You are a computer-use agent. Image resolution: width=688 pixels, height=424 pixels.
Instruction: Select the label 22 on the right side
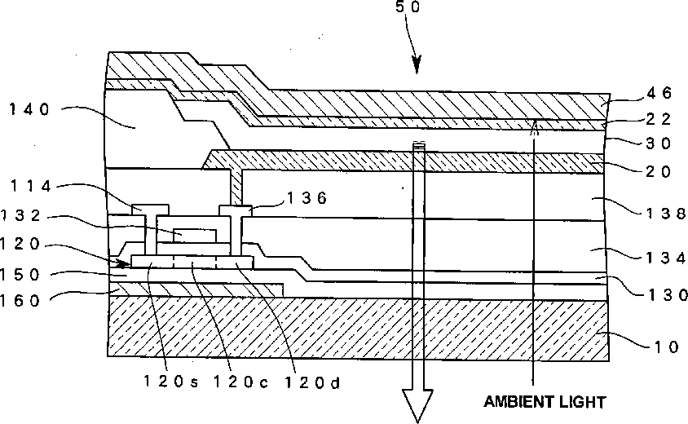tap(657, 120)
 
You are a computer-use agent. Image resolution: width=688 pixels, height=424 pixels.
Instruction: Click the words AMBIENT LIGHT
tap(545, 402)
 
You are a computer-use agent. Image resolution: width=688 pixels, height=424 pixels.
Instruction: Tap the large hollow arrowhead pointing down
tap(418, 406)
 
